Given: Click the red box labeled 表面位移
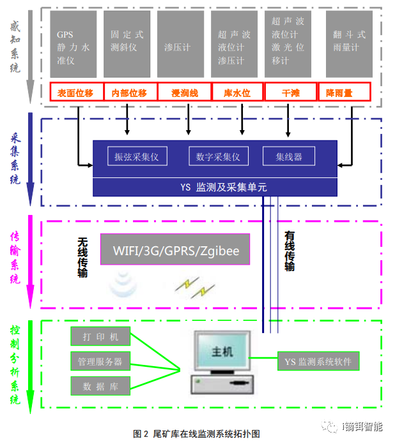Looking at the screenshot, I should (75, 93).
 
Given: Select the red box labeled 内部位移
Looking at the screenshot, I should (130, 93).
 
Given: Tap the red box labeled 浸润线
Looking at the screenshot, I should (185, 93).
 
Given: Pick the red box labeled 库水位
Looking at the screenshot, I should (236, 93).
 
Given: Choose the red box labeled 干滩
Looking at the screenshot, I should (290, 93).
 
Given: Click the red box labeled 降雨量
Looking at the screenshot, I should (346, 93).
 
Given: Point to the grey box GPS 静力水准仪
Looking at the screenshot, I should (74, 43).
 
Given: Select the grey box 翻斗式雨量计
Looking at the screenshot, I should (349, 43).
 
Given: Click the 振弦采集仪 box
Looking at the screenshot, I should (137, 156).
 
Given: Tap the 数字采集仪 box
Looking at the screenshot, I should (219, 156).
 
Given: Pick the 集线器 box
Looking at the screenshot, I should (289, 156).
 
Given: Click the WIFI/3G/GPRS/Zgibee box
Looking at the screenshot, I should (175, 250).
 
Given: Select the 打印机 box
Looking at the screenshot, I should (100, 336).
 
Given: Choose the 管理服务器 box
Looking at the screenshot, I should (100, 361).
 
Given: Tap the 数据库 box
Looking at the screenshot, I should (100, 385).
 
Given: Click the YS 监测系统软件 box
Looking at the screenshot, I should (318, 362).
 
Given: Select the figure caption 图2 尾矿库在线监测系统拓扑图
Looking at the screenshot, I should (197, 434).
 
